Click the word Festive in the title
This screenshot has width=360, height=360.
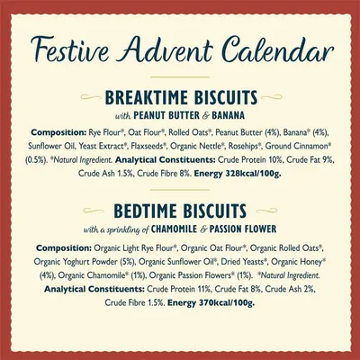click(69, 49)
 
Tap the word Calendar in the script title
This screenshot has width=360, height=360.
click(279, 49)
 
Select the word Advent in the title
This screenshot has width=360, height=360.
click(166, 49)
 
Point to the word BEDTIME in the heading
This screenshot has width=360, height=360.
click(146, 211)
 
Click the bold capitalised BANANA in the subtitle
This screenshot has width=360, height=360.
click(228, 115)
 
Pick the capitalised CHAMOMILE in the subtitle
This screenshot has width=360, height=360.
click(175, 229)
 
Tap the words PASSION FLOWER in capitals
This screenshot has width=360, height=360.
click(243, 229)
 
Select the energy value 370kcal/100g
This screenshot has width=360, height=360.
click(227, 302)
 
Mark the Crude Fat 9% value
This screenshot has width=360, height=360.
click(310, 160)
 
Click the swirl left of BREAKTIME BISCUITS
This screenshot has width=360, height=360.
click(91, 97)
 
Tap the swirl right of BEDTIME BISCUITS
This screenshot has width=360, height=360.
click(266, 211)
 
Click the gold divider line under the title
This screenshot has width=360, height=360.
click(180, 77)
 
